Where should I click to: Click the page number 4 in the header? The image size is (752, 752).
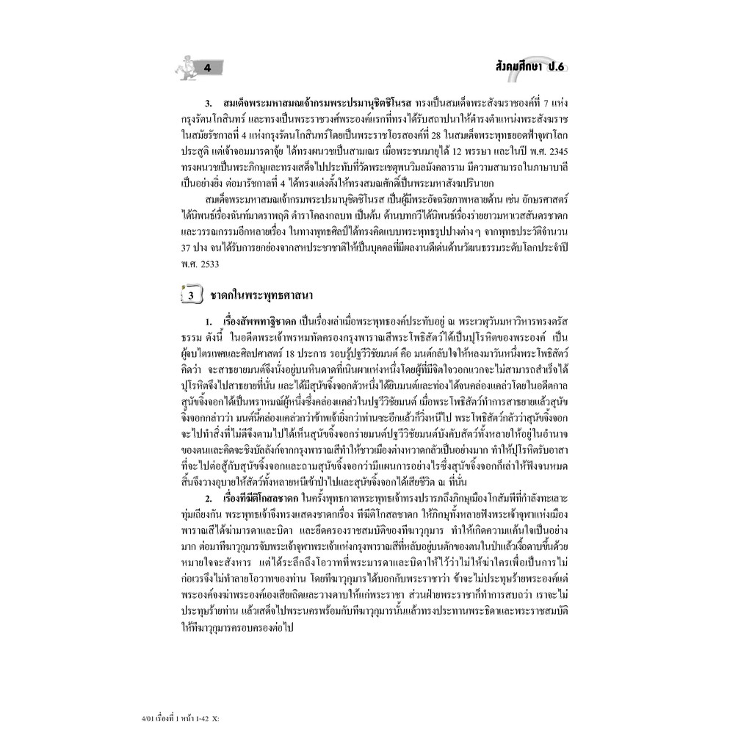(208, 69)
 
